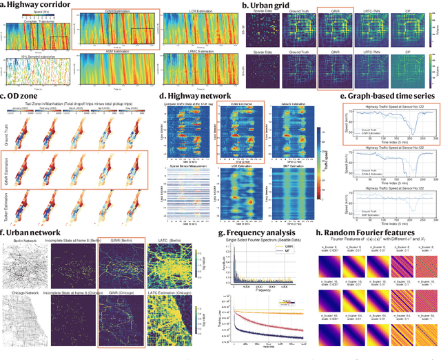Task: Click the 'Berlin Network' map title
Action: [x=23, y=243]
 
